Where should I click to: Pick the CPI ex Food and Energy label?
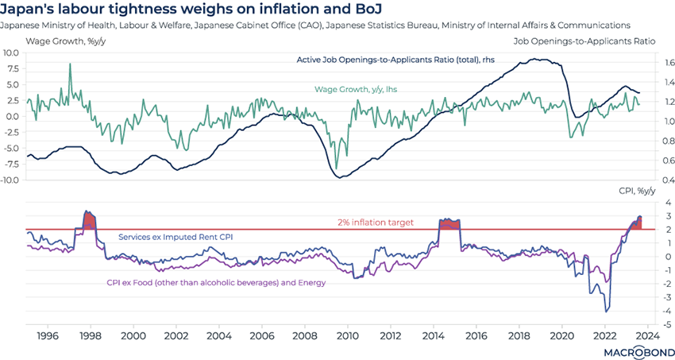[217, 282]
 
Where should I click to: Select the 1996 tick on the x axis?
[47, 336]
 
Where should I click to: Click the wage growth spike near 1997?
[70, 64]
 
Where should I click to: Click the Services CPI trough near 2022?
[607, 311]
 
